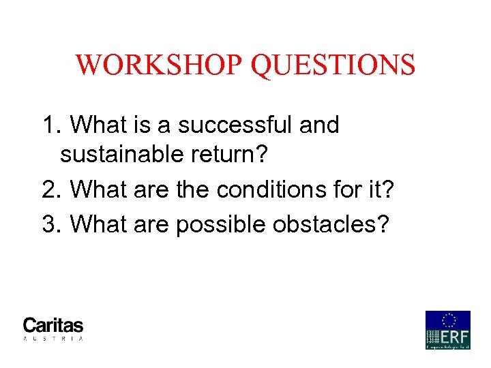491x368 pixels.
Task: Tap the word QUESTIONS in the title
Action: coord(333,65)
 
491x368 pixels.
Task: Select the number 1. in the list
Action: coord(52,125)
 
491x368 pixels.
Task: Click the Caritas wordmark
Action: coord(53,325)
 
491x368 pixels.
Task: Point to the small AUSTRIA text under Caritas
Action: coord(53,338)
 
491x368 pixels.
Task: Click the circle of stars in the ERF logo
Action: coord(449,320)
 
